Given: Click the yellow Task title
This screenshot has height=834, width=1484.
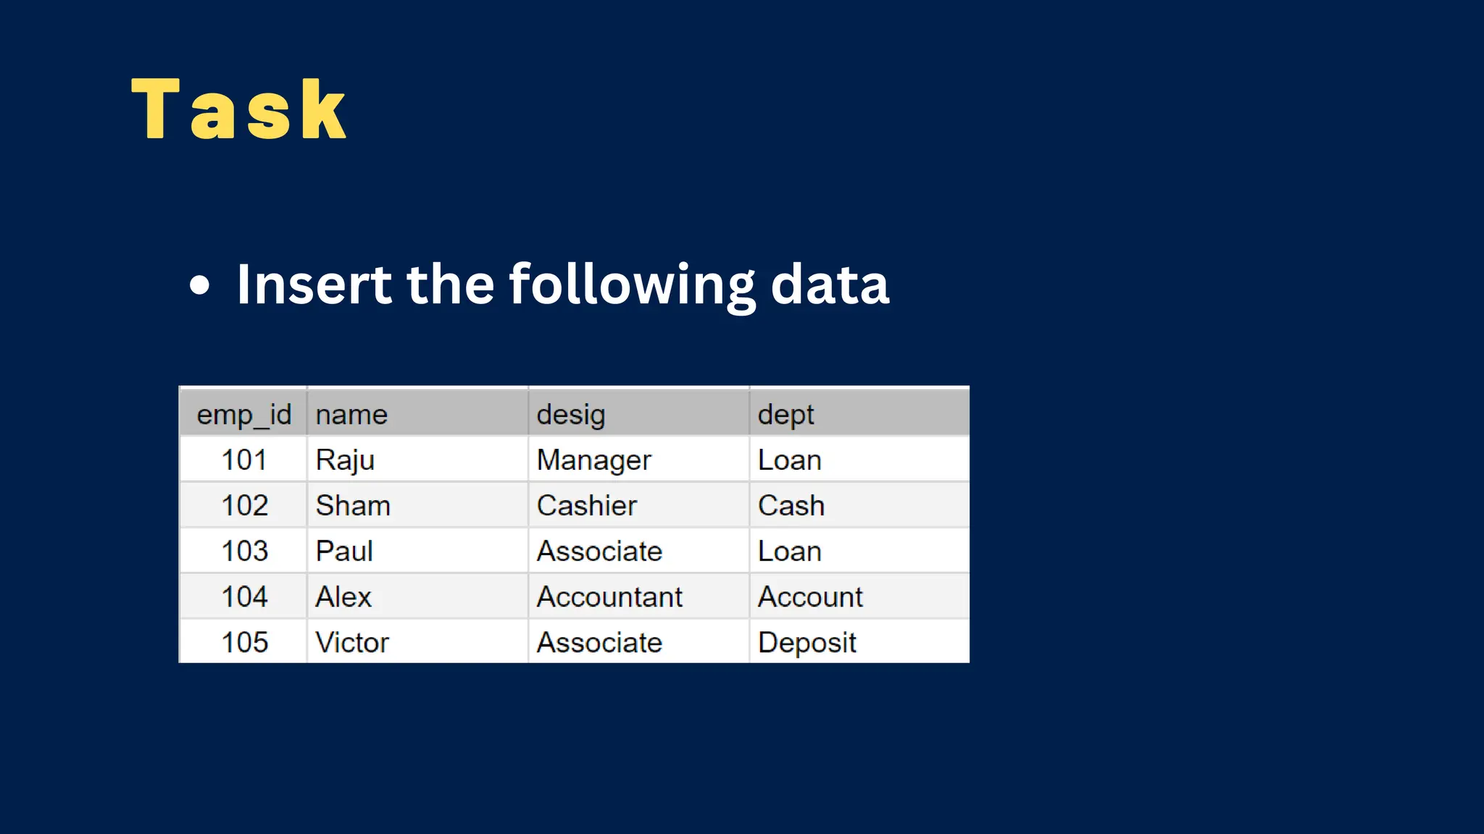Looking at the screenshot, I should [239, 110].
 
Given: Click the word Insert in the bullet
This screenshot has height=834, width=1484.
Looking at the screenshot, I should [313, 285].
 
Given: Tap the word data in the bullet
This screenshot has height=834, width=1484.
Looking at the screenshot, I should [829, 285].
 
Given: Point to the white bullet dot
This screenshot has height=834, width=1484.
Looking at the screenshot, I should [199, 285].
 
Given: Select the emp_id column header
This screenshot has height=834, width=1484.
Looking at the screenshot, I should [244, 415].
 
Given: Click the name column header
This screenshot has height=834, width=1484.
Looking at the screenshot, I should [351, 415].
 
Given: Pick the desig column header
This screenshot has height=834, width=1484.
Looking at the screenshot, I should [571, 415].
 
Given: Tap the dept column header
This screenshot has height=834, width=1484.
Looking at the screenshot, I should [785, 415].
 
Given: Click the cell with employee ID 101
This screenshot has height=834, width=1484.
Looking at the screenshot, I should [244, 460].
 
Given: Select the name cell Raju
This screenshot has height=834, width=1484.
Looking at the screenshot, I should [345, 460].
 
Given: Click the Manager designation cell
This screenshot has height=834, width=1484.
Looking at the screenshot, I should [593, 460].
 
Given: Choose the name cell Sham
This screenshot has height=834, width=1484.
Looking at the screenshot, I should [353, 506].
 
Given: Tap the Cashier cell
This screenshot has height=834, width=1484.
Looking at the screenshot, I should [587, 506].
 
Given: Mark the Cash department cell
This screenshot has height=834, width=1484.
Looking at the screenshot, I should [791, 506].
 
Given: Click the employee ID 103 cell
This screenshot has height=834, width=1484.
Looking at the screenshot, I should [244, 552].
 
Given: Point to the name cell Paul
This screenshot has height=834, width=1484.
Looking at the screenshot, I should [344, 552].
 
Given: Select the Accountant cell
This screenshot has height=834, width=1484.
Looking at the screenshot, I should [609, 597].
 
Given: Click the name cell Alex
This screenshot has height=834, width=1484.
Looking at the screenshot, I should [343, 597].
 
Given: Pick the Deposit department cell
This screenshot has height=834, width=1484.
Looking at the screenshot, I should [806, 643].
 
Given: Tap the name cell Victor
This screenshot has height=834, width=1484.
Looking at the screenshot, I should [352, 643].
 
